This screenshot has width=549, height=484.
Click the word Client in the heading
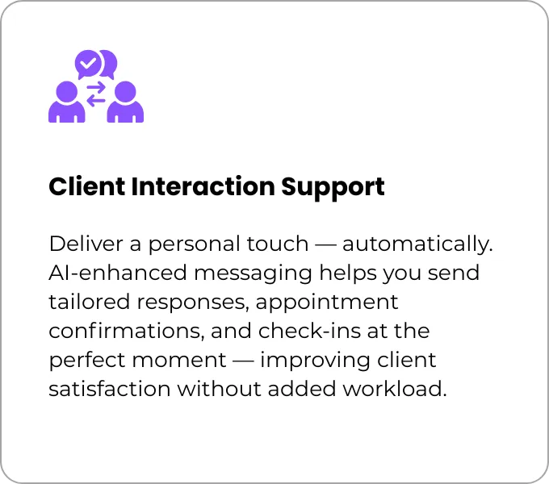[87, 186]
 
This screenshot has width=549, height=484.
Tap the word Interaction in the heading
[203, 186]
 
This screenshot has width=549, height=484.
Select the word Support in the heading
[333, 188]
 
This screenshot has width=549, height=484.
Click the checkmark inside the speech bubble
[87, 63]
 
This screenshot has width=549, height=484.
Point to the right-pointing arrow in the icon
[96, 87]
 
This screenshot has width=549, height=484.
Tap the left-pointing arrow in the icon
[96, 101]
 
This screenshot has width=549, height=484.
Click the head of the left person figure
[66, 92]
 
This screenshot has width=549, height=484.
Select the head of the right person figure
[125, 92]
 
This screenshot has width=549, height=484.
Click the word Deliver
[86, 244]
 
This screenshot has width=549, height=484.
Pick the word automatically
[417, 244]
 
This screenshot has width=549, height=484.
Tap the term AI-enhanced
[118, 273]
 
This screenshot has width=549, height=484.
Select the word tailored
[90, 302]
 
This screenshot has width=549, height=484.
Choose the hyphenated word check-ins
[309, 331]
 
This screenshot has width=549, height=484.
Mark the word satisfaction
[110, 389]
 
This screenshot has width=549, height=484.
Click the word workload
[395, 389]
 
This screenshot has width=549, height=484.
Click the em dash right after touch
[325, 244]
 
